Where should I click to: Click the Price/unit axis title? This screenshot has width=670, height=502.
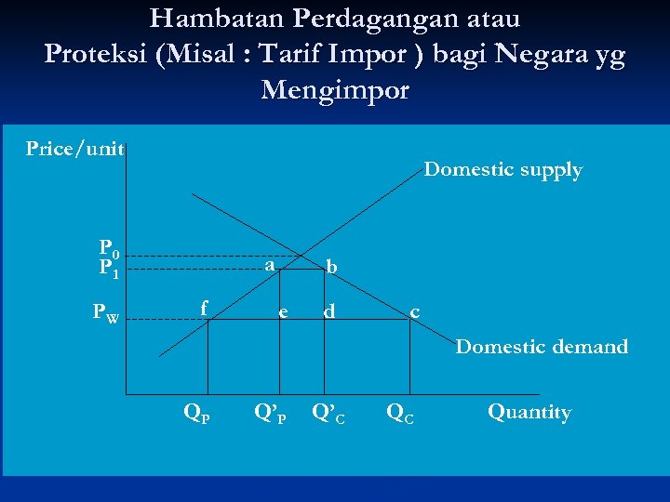pos(74,149)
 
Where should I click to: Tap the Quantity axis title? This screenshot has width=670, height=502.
pos(529,413)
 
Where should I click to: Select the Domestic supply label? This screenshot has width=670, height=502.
pos(502,170)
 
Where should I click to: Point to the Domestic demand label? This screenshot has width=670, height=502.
pos(542,347)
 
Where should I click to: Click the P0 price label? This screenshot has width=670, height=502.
pos(110,249)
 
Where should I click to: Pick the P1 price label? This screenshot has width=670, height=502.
pos(110,269)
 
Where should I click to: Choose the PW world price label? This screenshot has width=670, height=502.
pos(105,313)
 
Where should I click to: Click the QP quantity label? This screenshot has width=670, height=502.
pos(196,413)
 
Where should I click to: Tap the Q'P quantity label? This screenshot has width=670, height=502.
pos(271,413)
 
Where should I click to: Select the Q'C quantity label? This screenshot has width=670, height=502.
pos(328,413)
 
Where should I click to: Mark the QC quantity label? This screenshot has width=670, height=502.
pos(400,413)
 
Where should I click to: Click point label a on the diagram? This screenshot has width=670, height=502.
pos(269,265)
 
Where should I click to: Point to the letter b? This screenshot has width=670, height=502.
pos(331,268)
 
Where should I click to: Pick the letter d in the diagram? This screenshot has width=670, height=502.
pos(328,311)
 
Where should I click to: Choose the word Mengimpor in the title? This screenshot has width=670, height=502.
pos(335,90)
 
